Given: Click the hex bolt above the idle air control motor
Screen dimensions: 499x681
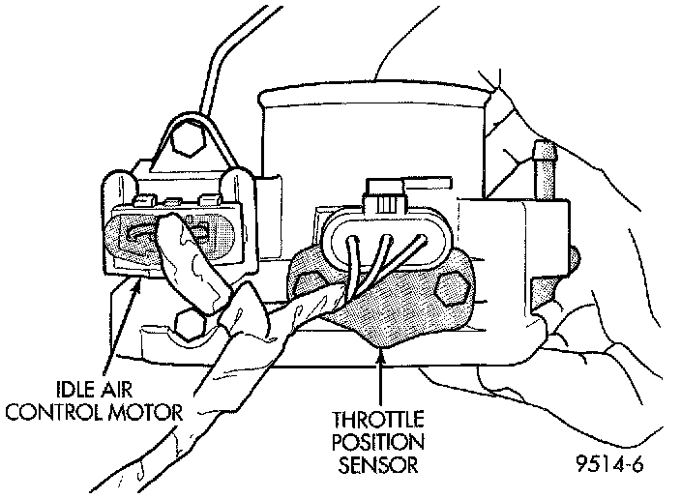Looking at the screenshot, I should [187, 140].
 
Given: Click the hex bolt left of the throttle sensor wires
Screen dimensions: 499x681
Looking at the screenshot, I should [308, 284].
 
